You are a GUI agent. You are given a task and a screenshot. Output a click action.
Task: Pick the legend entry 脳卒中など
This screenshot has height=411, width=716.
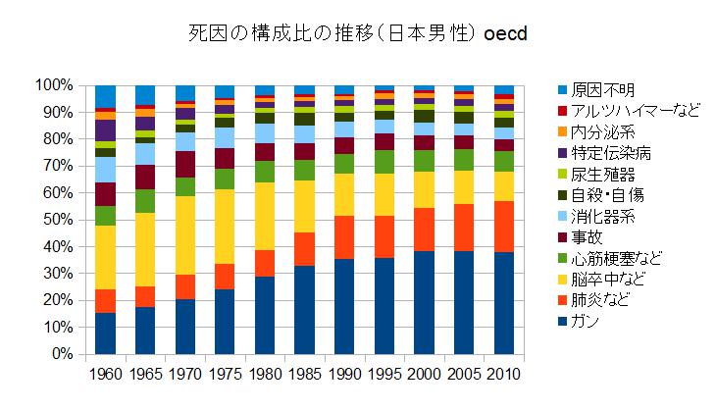[614, 279]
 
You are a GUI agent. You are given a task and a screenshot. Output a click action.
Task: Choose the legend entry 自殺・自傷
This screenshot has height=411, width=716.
[614, 194]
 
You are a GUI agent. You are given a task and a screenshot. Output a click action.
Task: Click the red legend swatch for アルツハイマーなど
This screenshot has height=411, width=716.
[562, 111]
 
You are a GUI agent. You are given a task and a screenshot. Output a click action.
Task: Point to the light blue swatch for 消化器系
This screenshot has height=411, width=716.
[562, 216]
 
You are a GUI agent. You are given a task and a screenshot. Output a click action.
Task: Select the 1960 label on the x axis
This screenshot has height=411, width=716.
[106, 374]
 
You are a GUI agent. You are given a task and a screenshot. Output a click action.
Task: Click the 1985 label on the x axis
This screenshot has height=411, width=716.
[305, 374]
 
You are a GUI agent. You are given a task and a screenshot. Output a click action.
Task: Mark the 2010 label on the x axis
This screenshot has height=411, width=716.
[504, 374]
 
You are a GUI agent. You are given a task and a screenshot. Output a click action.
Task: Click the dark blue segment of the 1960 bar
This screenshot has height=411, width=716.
[106, 333]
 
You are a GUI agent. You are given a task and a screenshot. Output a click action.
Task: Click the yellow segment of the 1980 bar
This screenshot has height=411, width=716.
[265, 216]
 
